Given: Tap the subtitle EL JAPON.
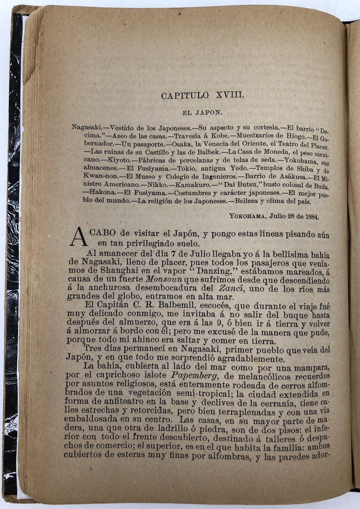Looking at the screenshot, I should pyautogui.click(x=203, y=113).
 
